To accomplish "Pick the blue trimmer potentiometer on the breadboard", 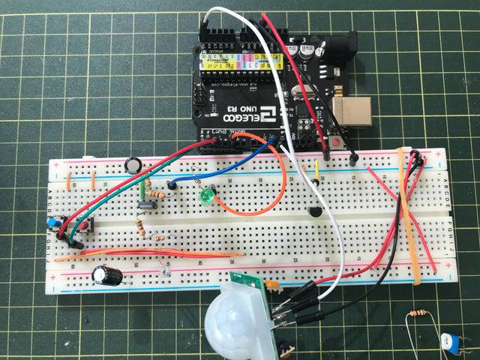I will [54, 223].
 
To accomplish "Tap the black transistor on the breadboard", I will [314, 213].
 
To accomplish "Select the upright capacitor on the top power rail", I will [133, 165].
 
